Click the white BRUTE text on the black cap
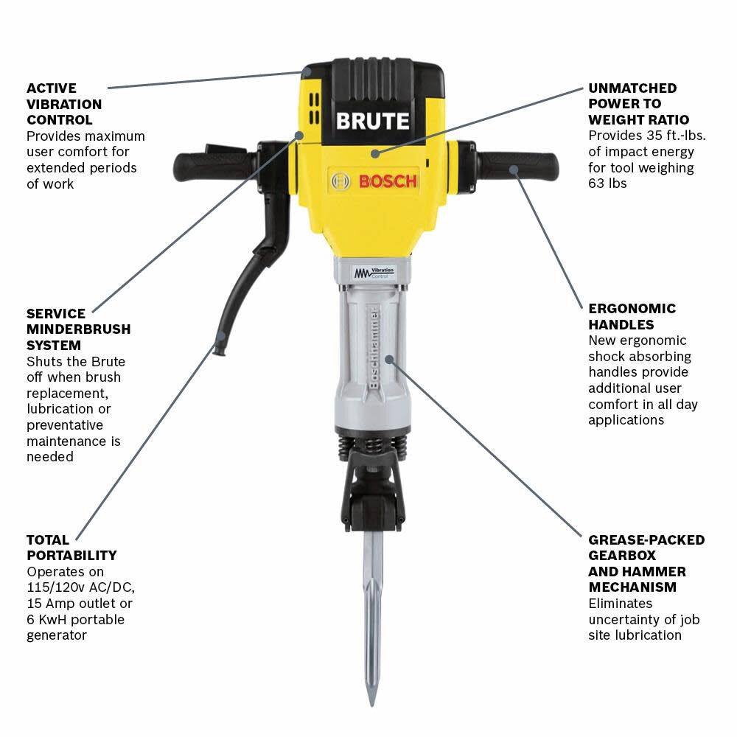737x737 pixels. (x=372, y=121)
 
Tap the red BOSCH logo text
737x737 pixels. (x=388, y=181)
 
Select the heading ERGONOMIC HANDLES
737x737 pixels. (x=632, y=316)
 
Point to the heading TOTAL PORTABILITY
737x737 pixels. (x=71, y=548)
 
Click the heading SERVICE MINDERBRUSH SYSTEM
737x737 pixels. (x=78, y=329)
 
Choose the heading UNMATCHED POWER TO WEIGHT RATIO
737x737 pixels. (x=638, y=104)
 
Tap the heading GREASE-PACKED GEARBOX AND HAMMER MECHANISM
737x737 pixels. (x=646, y=563)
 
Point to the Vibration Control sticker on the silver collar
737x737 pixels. (x=374, y=273)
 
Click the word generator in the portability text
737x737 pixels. (x=57, y=635)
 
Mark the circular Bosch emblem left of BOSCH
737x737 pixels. (x=341, y=181)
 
